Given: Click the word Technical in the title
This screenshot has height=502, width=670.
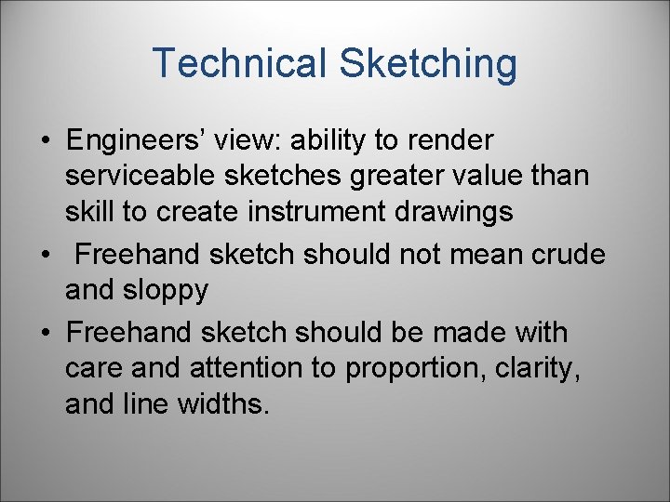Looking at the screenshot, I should point(239,63).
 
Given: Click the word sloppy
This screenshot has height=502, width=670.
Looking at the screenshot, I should point(166,291).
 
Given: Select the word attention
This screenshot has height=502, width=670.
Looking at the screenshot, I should point(247,368).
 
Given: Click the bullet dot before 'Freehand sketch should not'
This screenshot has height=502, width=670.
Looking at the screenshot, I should point(45,255).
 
